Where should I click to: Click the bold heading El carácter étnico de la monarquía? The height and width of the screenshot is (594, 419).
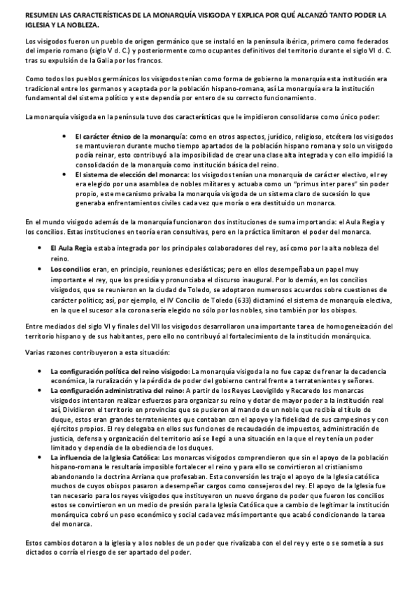(x=130, y=134)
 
